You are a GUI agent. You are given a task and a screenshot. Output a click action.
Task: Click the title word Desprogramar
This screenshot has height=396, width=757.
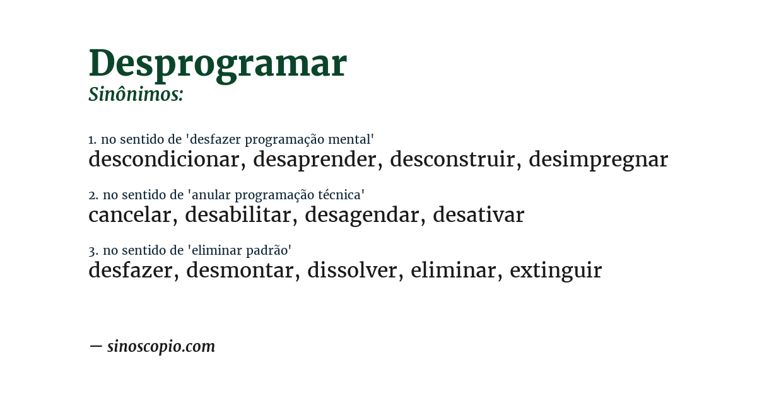[x=218, y=64]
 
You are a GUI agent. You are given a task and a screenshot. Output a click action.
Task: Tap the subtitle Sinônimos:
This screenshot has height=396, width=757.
[x=136, y=95]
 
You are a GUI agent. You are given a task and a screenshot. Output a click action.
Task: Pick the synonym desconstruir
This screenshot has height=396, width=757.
[x=452, y=160]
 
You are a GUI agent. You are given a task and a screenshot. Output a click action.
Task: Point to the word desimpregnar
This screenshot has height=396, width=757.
[x=598, y=160]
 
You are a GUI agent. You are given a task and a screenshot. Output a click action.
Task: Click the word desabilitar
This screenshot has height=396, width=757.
[x=238, y=215]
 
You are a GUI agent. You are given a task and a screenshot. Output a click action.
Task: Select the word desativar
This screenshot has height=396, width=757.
[x=478, y=215]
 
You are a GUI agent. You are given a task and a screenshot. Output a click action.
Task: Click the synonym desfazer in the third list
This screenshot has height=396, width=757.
[x=131, y=271]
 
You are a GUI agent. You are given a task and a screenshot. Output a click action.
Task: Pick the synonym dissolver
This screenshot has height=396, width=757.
[x=352, y=271]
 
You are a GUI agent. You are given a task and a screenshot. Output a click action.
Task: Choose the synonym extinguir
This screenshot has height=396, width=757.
[x=556, y=271]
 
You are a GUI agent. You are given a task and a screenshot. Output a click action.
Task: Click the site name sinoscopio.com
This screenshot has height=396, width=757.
[x=161, y=346]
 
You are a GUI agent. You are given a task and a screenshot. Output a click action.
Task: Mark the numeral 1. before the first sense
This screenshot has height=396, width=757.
[x=92, y=140]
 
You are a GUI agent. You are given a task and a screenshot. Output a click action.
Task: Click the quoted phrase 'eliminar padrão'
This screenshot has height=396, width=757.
[x=240, y=250]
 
